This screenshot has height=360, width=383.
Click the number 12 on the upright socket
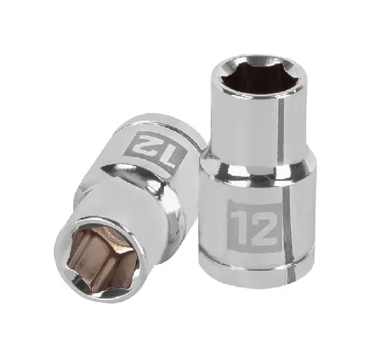pos(254,228)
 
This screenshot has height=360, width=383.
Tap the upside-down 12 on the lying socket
pos(156,149)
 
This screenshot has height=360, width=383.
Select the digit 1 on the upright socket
pos(239,227)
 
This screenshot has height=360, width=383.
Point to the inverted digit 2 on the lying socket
pos(145,144)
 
